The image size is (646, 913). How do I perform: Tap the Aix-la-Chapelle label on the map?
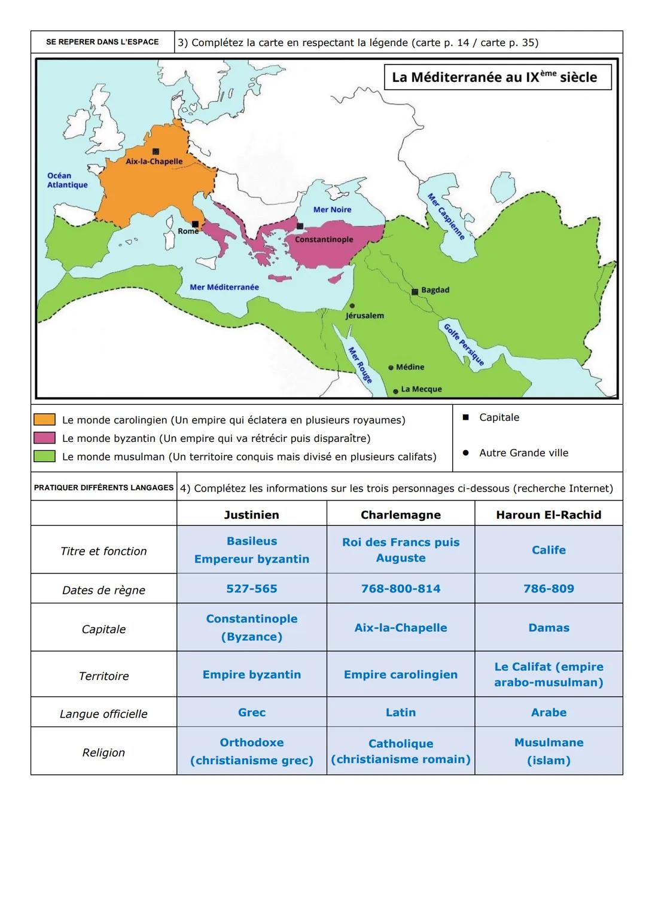click(x=154, y=161)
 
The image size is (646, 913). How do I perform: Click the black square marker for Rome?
click(x=195, y=224)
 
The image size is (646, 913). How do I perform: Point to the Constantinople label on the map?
click(x=324, y=239)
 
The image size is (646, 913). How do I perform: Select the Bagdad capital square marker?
click(x=415, y=292)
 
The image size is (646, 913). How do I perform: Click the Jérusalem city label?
click(x=365, y=315)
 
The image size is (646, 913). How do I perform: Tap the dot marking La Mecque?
click(x=395, y=391)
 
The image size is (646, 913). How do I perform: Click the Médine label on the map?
click(x=410, y=367)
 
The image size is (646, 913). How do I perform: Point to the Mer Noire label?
click(x=332, y=209)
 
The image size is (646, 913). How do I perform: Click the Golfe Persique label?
click(x=463, y=344)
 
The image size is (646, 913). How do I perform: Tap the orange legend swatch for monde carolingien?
click(x=44, y=420)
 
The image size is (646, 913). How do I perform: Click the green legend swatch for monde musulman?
click(x=44, y=456)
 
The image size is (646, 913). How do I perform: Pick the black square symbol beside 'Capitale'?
click(x=465, y=417)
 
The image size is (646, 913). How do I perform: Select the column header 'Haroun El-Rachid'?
click(x=548, y=515)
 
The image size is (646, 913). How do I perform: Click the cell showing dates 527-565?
click(x=251, y=588)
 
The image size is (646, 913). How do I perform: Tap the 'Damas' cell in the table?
click(x=548, y=627)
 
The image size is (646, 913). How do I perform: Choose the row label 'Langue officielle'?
click(x=103, y=713)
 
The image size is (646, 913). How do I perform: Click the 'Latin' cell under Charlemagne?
click(x=400, y=712)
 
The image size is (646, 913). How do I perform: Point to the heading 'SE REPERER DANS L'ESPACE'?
click(x=102, y=42)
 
